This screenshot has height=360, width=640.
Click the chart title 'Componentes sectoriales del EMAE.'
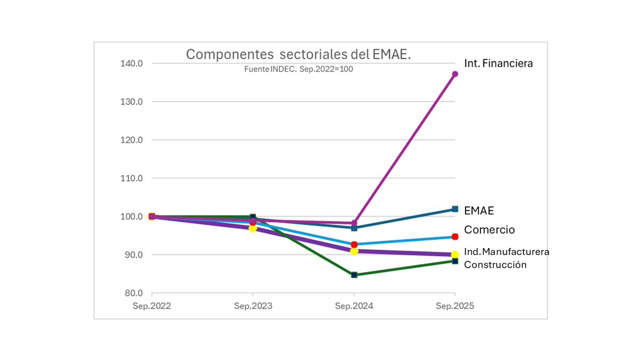(298, 54)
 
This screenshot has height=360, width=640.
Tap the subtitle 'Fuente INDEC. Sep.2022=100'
(299, 69)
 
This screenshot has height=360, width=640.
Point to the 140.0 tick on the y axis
(132, 63)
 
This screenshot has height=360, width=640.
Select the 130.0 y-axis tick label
(132, 102)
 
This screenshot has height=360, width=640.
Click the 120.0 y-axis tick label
(132, 140)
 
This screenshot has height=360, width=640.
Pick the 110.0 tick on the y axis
(132, 179)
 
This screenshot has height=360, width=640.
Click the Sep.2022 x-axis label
(152, 307)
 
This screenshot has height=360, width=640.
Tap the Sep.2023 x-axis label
(253, 307)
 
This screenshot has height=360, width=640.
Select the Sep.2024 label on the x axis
(354, 307)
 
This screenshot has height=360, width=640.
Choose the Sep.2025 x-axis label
(455, 307)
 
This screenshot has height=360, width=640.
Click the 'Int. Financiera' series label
(498, 63)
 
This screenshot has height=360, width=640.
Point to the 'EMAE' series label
(479, 211)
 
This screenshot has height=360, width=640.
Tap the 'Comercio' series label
(489, 230)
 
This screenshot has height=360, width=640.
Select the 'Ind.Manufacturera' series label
(506, 252)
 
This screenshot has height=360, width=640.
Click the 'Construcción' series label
(495, 265)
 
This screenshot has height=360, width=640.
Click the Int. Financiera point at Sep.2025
(455, 74)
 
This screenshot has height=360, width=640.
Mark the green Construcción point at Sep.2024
(354, 275)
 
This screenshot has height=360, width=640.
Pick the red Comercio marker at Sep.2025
(455, 237)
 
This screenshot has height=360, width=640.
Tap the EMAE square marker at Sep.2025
(455, 209)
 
